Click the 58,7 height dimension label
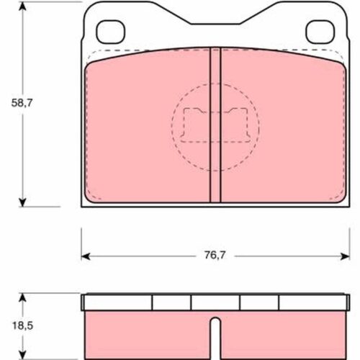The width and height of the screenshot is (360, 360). coord(22,103)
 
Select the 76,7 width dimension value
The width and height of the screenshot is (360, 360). coord(215,255)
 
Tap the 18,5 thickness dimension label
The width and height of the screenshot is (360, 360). coord(22,325)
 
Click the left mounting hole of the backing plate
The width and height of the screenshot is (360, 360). coord(111,32)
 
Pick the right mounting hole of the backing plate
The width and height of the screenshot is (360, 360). coord(320,32)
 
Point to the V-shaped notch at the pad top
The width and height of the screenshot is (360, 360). coord(215,18)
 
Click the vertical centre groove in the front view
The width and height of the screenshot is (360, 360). coord(215,125)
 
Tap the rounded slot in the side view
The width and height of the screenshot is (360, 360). coord(216,338)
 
